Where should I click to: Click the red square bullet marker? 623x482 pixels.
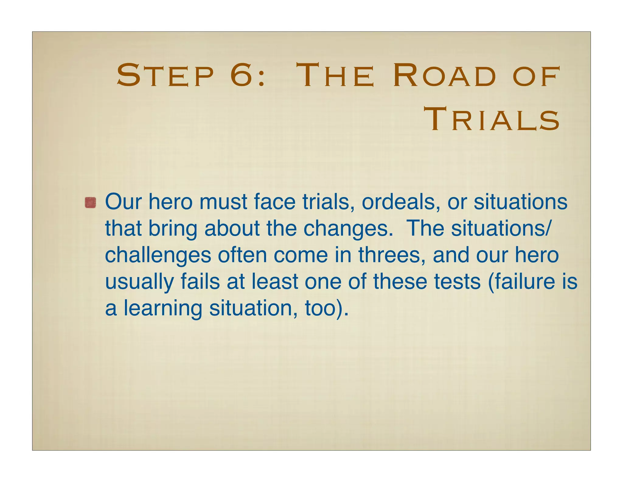pyautogui.click(x=90, y=203)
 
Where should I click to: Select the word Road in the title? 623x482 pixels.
pyautogui.click(x=444, y=75)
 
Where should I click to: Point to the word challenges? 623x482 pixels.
pyautogui.click(x=158, y=255)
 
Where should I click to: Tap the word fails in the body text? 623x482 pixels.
pyautogui.click(x=200, y=282)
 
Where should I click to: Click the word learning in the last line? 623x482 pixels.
pyautogui.click(x=163, y=309)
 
